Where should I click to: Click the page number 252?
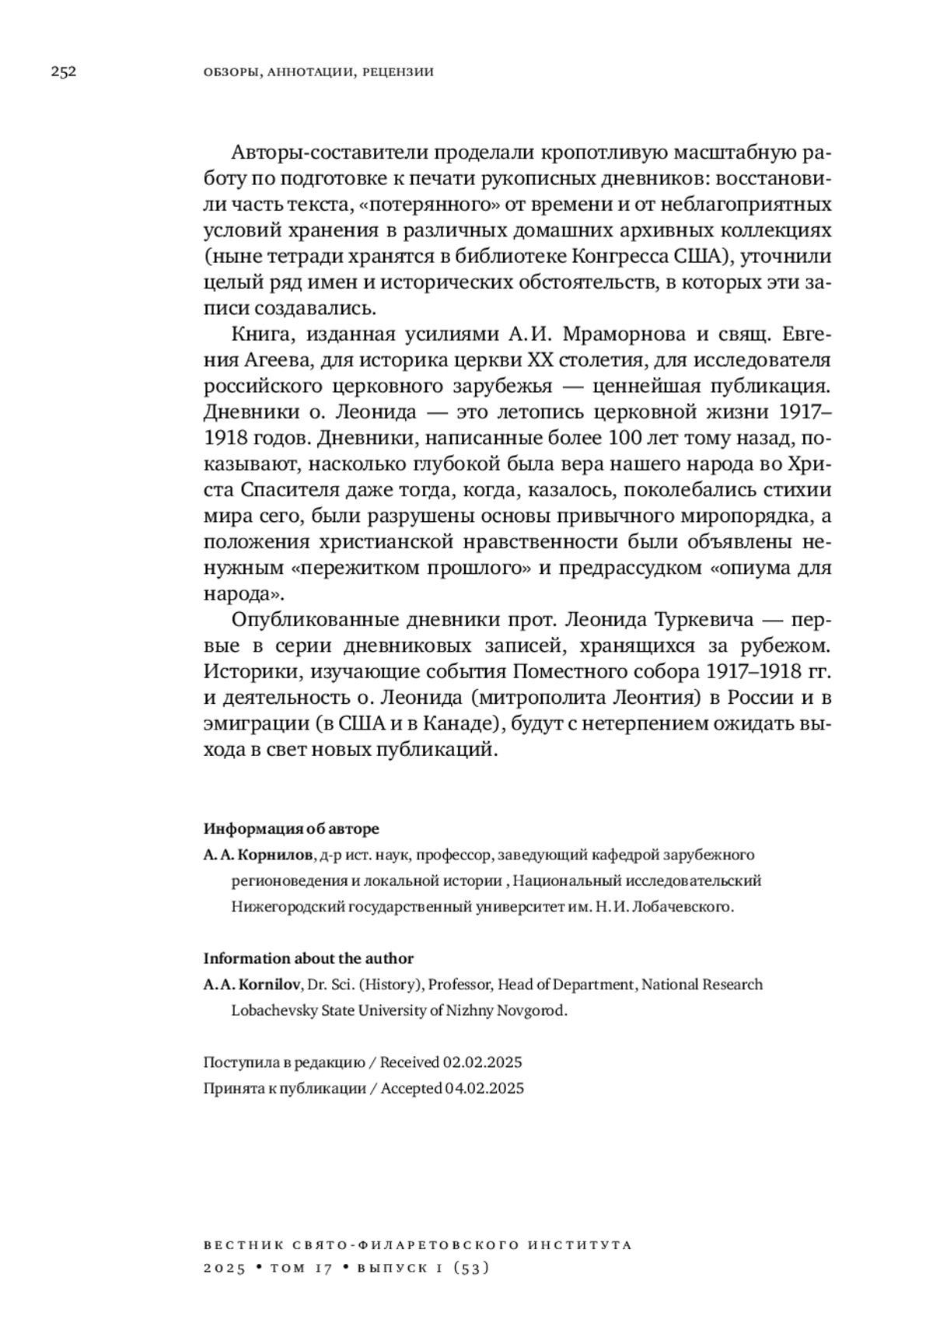[64, 72]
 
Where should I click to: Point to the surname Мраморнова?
[624, 335]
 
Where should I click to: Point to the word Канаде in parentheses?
[461, 724]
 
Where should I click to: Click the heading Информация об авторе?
[292, 828]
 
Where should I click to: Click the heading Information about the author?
[309, 958]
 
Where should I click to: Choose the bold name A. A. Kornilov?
[252, 985]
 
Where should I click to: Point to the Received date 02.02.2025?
[482, 1062]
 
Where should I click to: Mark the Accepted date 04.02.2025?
[484, 1088]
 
